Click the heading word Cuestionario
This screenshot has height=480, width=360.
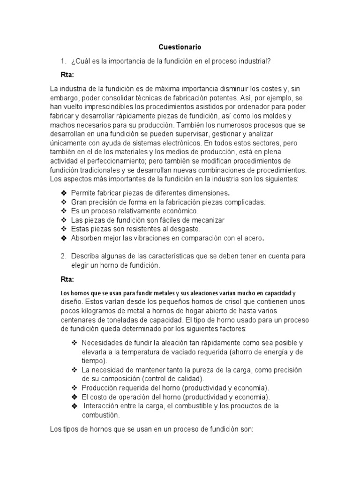coord(180,47)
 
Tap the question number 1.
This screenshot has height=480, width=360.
coord(63,61)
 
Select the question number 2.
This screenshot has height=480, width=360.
coord(63,256)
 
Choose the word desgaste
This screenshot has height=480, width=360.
coord(183,229)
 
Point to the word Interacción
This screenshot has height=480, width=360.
coord(104,406)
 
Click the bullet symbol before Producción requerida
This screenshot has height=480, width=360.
coord(74,388)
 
